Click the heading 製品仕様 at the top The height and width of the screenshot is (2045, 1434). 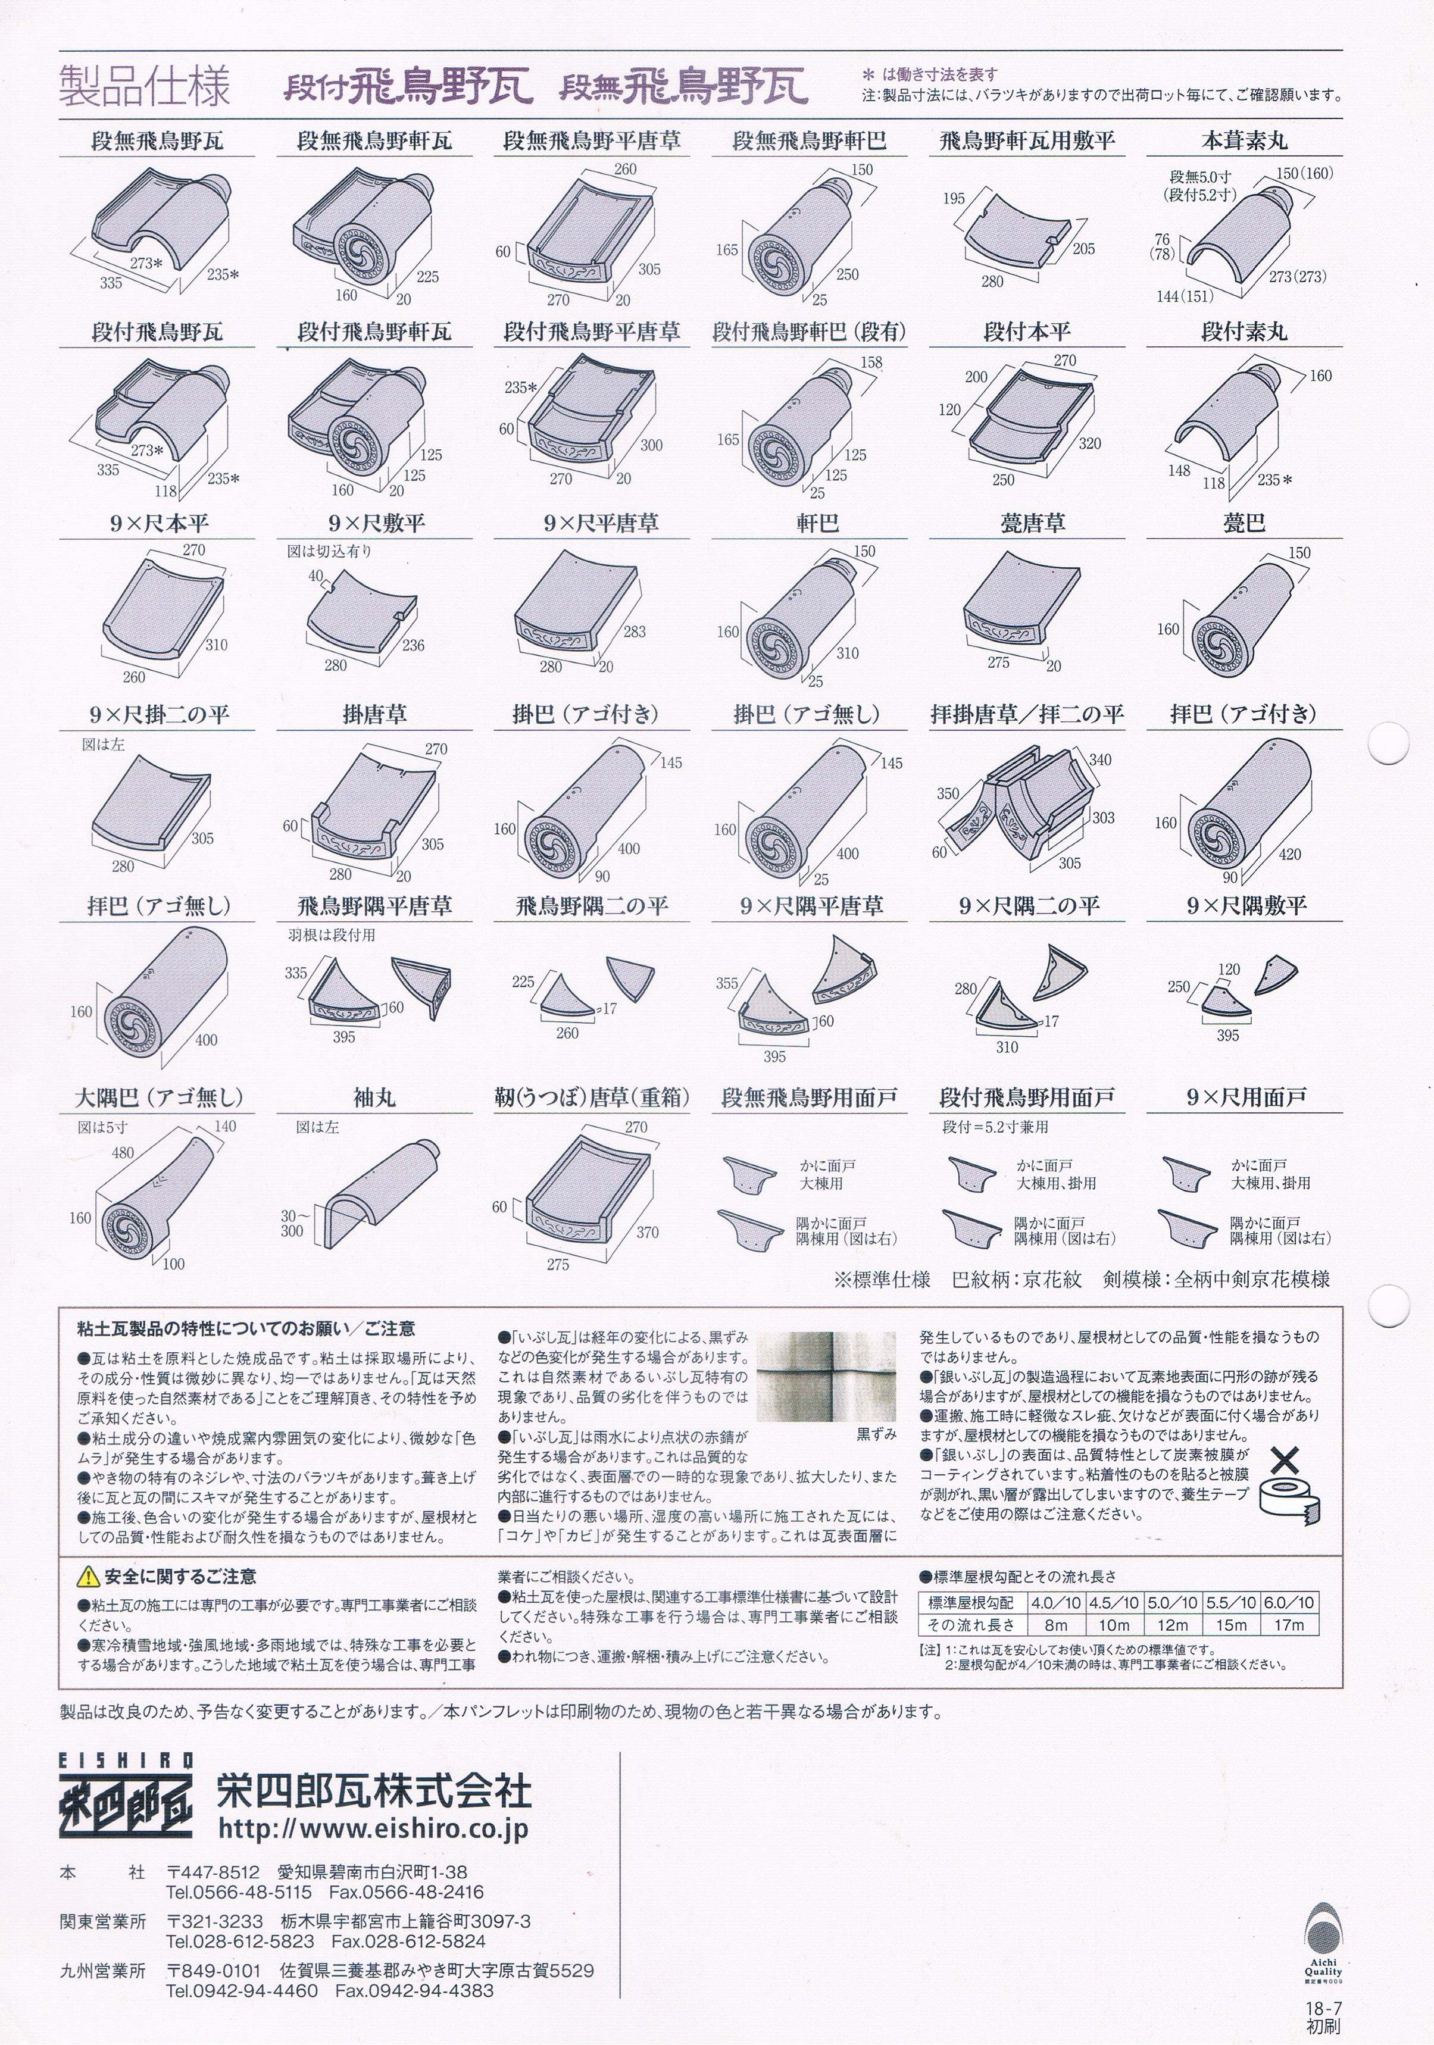[x=144, y=86]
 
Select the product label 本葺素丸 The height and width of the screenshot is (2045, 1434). [x=1244, y=140]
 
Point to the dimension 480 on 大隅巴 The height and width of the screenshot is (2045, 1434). [x=123, y=1152]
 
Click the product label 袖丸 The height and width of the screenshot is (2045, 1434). [x=374, y=1097]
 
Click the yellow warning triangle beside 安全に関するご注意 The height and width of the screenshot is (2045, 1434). [x=88, y=1577]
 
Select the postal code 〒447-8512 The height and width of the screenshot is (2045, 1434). [x=213, y=1873]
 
